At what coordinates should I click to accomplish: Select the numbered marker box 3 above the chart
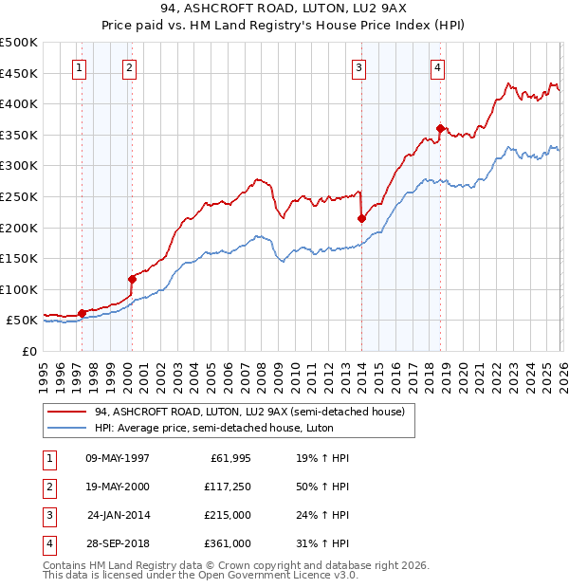coord(359,67)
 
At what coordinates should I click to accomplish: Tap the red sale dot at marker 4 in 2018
coord(440,128)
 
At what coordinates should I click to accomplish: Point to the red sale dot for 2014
coord(362,218)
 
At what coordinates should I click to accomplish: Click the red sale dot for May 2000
coord(132,279)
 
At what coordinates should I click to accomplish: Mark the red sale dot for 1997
coord(82,313)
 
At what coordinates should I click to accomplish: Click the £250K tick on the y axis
coord(19,196)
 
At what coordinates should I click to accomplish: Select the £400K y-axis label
coord(19,103)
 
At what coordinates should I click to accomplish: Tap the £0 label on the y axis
coord(28,351)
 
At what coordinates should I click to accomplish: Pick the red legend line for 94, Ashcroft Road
coord(67,412)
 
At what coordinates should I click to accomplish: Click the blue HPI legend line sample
coord(67,428)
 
